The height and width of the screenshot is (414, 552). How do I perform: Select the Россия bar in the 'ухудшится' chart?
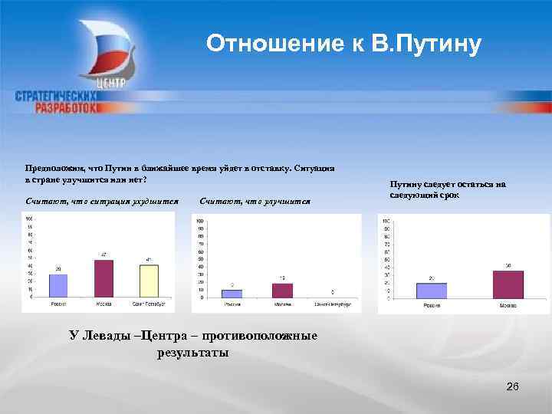[x=58, y=285]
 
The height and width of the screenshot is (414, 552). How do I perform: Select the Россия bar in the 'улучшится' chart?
[x=232, y=293]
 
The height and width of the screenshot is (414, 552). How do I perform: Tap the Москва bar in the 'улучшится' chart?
[x=282, y=290]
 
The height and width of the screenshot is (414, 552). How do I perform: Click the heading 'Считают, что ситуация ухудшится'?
[x=102, y=201]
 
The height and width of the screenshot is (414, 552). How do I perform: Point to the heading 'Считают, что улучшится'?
[x=255, y=201]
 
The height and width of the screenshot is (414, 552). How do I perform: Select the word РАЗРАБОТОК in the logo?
[x=67, y=108]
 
